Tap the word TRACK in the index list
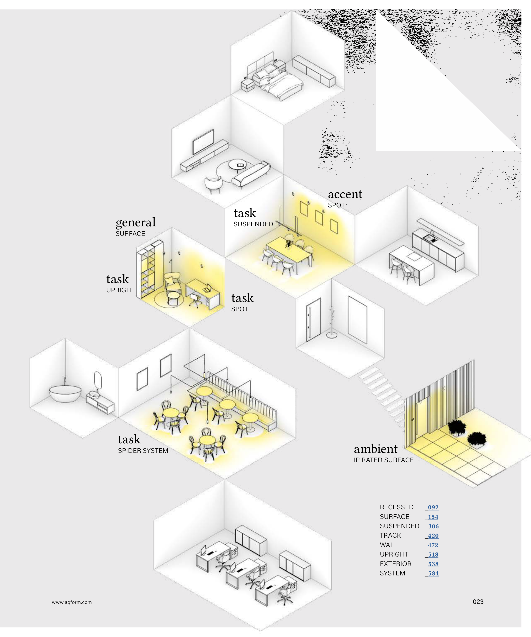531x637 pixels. [x=391, y=535]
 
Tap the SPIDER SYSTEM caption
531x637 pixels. [x=143, y=451]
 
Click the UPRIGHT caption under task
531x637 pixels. [x=120, y=290]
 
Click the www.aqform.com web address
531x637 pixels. [x=72, y=602]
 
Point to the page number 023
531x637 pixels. [x=478, y=602]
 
